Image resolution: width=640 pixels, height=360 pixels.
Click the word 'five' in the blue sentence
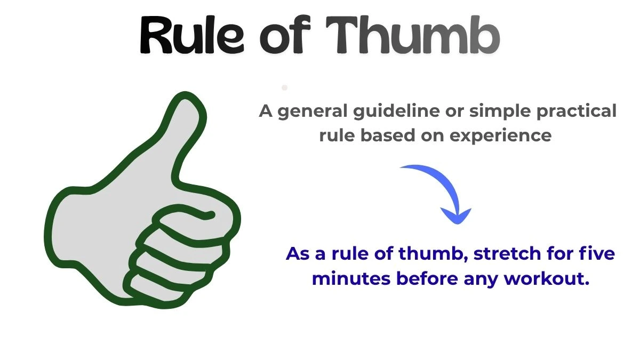pos(597,253)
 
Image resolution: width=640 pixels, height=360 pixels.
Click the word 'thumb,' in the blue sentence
pos(434,253)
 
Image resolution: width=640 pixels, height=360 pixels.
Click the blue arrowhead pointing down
pos(456,216)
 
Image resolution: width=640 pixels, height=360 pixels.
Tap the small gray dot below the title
pos(285,87)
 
